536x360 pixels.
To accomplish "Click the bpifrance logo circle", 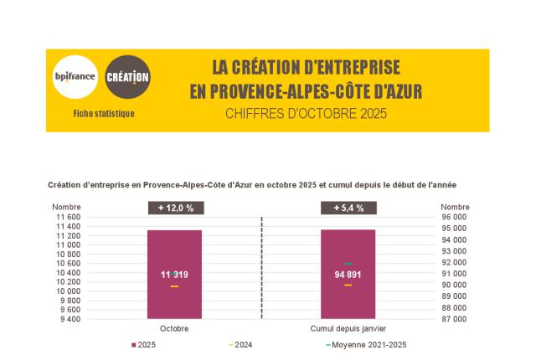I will click(75, 77).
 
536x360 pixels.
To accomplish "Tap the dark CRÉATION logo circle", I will click(128, 77).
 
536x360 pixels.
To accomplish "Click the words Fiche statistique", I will click(104, 114).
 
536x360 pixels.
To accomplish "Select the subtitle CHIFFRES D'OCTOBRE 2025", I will click(306, 114).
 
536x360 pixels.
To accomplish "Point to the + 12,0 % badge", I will click(174, 208).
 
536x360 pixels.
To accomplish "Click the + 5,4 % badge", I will click(348, 208).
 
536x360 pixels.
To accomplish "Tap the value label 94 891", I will click(348, 275).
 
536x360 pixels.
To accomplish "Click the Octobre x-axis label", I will click(174, 329).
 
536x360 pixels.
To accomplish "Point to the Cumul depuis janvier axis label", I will click(348, 329).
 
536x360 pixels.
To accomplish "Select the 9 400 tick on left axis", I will click(70, 319).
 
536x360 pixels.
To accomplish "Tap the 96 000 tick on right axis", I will click(455, 217).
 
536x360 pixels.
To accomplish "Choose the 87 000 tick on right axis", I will click(455, 319).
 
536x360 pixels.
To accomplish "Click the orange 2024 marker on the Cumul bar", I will click(348, 285).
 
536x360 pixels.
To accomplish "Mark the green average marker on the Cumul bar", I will click(348, 264).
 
